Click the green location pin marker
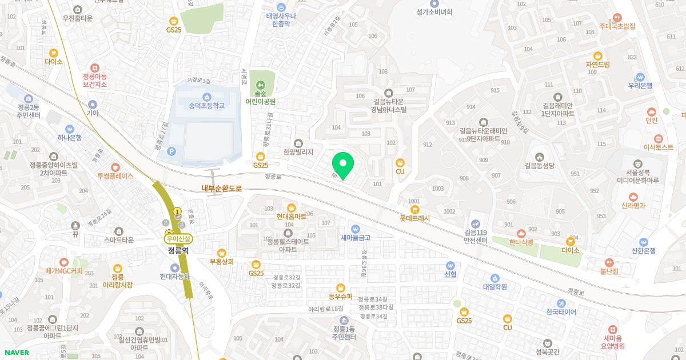tap(343, 165)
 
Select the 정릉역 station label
tap(178, 250)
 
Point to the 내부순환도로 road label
tap(222, 187)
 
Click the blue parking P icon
tap(172, 151)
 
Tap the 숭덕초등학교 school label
tap(206, 106)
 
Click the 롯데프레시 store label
tap(415, 218)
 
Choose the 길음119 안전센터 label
tap(475, 237)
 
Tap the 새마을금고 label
tap(356, 238)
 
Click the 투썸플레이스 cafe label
tap(115, 176)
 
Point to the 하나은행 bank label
tap(70, 137)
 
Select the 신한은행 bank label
tap(643, 250)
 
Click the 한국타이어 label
tap(561, 312)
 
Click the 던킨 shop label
tap(651, 121)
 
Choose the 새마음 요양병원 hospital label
tap(613, 342)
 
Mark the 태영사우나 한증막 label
tap(281, 20)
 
